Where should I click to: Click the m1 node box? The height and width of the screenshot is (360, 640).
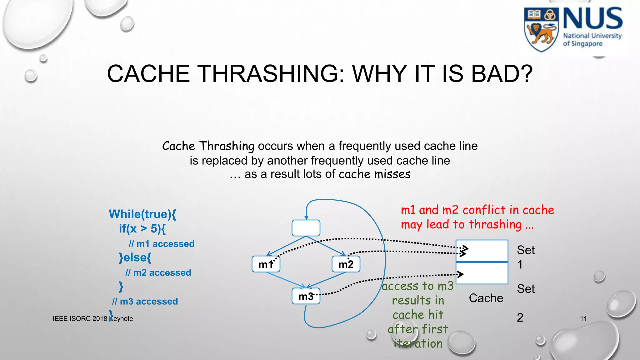click(266, 264)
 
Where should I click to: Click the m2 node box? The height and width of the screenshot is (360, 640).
click(346, 264)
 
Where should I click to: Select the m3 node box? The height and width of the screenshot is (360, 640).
click(306, 296)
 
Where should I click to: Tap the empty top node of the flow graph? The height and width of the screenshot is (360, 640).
click(306, 228)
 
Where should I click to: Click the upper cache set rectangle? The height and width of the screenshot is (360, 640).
click(482, 250)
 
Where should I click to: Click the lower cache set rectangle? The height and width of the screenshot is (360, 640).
click(482, 273)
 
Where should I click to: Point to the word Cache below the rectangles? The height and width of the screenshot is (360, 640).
click(486, 298)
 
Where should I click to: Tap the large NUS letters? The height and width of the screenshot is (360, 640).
click(592, 19)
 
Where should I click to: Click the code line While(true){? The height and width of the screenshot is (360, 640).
click(142, 214)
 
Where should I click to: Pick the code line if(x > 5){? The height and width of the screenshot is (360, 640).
click(142, 229)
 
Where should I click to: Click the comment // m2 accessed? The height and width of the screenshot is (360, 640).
click(158, 272)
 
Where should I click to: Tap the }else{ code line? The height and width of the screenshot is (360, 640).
click(135, 257)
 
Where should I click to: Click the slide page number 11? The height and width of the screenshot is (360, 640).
click(583, 318)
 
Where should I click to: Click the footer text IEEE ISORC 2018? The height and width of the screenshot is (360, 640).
click(80, 318)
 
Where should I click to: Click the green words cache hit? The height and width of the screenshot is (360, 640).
click(418, 315)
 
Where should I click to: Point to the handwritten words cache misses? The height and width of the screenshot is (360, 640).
click(374, 174)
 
